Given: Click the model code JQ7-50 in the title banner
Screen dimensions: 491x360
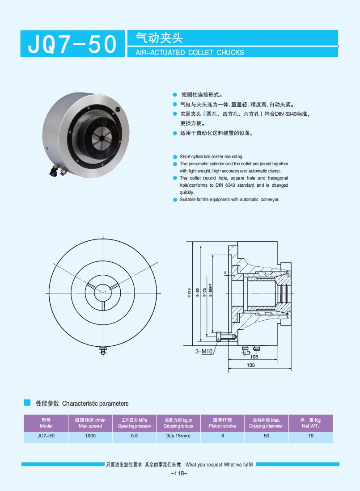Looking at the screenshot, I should [72, 44].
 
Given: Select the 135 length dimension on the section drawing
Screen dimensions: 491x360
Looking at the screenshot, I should [250, 365].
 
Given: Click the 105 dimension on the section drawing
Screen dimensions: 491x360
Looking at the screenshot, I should [254, 357].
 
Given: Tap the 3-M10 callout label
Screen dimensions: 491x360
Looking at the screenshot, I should [203, 352].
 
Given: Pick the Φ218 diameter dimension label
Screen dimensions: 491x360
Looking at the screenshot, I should [190, 293].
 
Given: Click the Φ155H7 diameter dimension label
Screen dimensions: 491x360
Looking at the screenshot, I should [211, 291].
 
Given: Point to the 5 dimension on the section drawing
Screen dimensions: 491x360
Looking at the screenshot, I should [226, 272].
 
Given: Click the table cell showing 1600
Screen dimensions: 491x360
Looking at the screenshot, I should [90, 436].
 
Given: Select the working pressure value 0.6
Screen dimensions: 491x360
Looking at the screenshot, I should [134, 436].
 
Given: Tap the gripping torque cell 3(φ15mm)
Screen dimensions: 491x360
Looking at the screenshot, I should [178, 436].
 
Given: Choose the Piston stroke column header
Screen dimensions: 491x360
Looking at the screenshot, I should [222, 423].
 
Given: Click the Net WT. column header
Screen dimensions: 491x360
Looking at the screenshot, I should [311, 423].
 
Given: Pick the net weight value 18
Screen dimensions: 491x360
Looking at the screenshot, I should [311, 436].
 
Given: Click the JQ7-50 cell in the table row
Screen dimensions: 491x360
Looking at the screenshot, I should [46, 436].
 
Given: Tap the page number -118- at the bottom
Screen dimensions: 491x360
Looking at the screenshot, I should [179, 474].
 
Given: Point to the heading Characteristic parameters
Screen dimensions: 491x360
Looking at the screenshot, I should [95, 403].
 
